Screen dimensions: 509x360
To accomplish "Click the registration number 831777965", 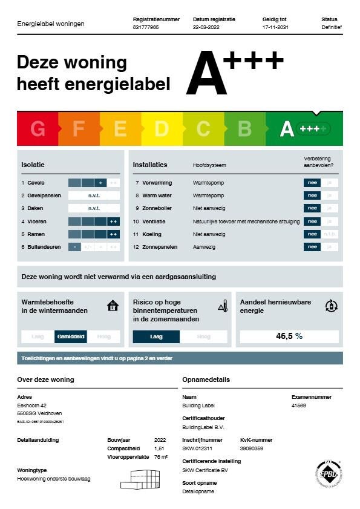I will pos(146,27).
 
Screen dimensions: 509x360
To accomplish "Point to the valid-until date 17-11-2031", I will pos(275,27).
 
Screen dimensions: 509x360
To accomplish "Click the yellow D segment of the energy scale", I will pos(162,128).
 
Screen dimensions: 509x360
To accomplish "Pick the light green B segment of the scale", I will pos(244,128).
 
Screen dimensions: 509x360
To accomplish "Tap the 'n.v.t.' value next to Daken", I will pos(94,208).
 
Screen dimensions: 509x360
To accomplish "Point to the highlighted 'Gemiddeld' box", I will pos(70,337).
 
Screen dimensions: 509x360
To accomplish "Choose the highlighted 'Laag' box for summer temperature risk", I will pos(156,337).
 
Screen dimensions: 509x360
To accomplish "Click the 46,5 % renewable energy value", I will pos(289,336).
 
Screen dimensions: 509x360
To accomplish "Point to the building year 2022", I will pos(160,440).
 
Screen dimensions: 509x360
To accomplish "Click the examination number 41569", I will pos(299,406).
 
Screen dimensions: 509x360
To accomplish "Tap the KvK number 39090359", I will pos(252,448).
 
